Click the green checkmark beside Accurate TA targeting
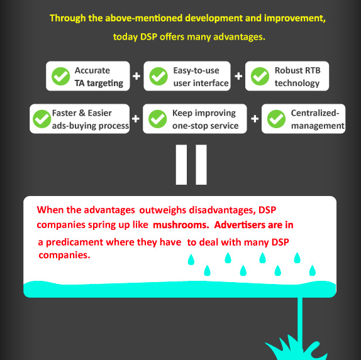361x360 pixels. tap(61, 77)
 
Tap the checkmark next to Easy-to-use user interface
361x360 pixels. tap(158, 77)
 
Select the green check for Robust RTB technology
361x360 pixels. tap(260, 77)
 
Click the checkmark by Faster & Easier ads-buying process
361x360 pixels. tap(42, 119)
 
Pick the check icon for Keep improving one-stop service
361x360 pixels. tap(157, 119)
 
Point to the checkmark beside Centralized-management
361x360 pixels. tap(276, 119)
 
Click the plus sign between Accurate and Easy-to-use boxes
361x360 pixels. tap(136, 76)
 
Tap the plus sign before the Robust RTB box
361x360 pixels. tap(238, 76)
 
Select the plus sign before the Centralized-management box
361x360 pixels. tap(255, 119)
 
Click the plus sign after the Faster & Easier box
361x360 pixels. tap(136, 119)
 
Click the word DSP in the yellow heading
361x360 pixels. tap(148, 37)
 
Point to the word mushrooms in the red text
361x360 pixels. tap(181, 225)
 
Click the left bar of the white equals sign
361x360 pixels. tap(181, 165)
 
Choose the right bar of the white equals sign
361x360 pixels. tap(201, 165)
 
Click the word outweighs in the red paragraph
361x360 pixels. tap(163, 210)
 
